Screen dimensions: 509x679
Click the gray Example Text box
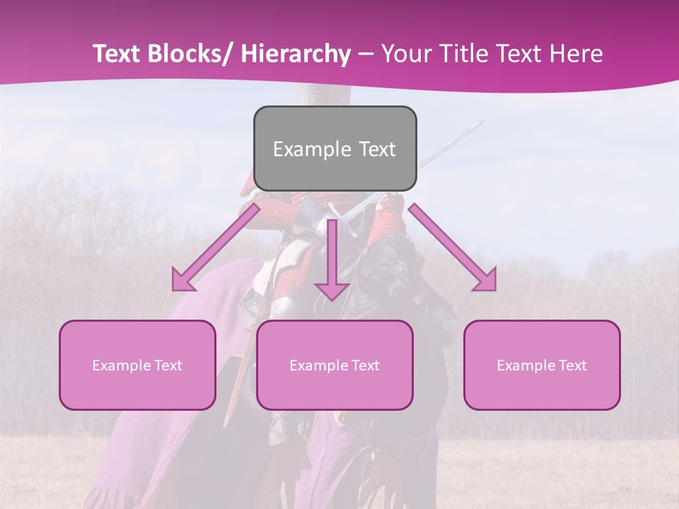pyautogui.click(x=335, y=148)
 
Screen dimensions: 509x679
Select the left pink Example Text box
pyautogui.click(x=137, y=365)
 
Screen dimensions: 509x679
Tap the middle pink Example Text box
pyautogui.click(x=335, y=365)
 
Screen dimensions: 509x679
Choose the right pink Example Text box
pyautogui.click(x=542, y=365)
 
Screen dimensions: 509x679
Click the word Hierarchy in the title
pyautogui.click(x=295, y=54)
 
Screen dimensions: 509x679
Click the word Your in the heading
pyautogui.click(x=405, y=54)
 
